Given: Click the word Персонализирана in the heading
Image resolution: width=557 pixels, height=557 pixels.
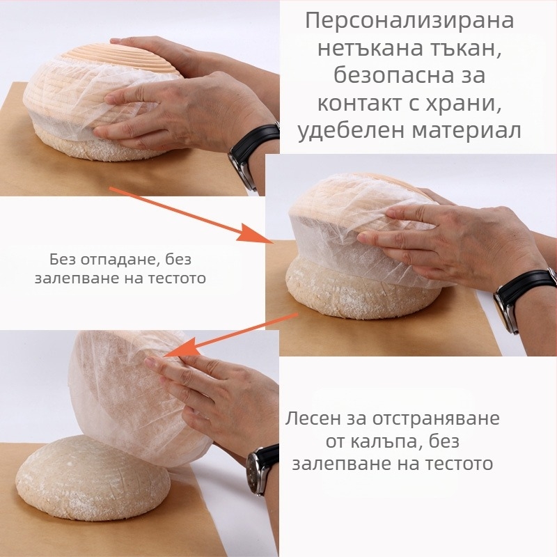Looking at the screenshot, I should point(409,21).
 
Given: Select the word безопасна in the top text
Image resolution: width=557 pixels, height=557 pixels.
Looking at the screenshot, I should point(394,76).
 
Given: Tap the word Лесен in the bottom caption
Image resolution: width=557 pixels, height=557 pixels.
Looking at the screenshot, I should point(313,420).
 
